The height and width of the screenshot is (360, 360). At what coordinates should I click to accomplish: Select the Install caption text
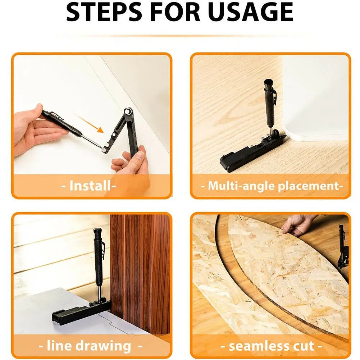pyautogui.click(x=92, y=186)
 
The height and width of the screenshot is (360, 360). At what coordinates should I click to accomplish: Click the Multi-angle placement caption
pyautogui.click(x=270, y=186)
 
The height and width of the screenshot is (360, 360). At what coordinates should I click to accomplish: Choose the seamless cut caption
pyautogui.click(x=271, y=346)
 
